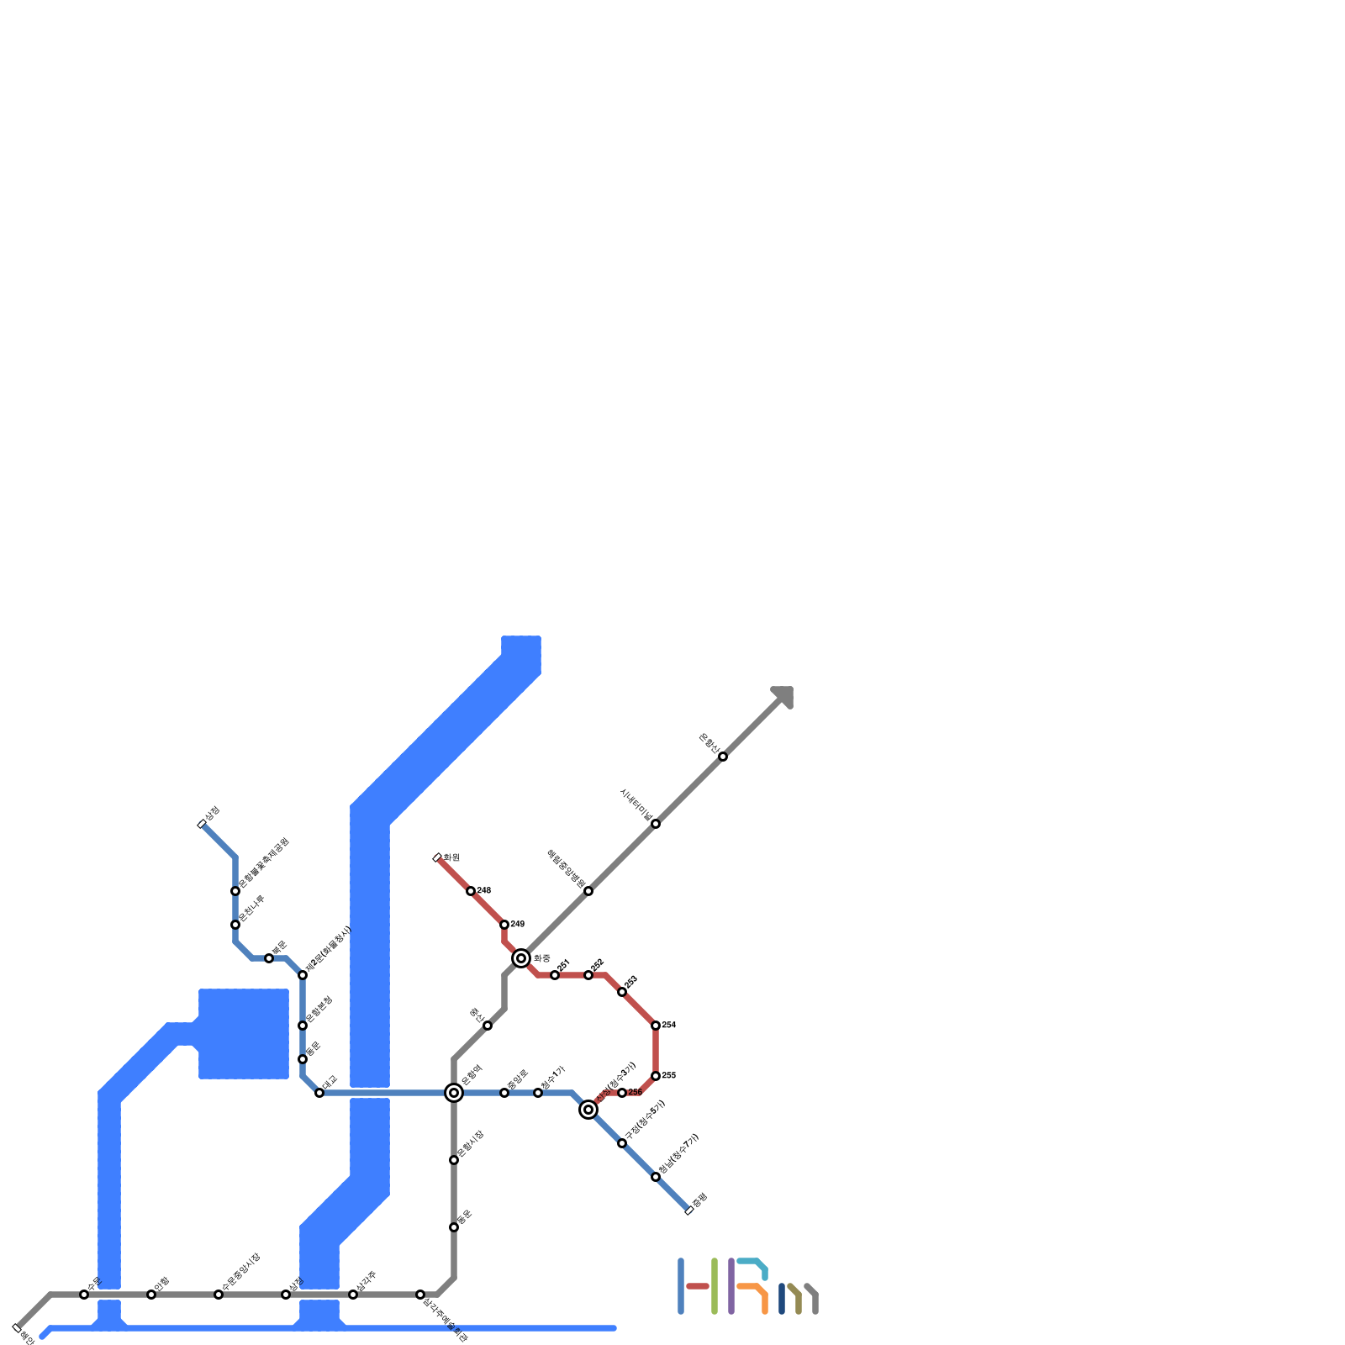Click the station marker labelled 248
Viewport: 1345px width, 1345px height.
(x=471, y=891)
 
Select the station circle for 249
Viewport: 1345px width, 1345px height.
(x=504, y=925)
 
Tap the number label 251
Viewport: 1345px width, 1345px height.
(x=564, y=963)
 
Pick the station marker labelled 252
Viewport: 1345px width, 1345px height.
(x=588, y=975)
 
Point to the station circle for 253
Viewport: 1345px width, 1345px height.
(x=622, y=992)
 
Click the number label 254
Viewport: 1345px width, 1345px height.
(x=669, y=1026)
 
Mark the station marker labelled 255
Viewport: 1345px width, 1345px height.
(x=656, y=1076)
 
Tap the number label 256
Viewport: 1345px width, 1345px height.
(x=636, y=1093)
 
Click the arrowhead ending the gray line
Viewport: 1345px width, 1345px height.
(x=784, y=695)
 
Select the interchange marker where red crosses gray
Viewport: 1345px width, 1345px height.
(x=521, y=958)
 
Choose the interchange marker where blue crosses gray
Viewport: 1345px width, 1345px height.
(x=454, y=1093)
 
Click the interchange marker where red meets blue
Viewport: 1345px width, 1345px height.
(x=588, y=1110)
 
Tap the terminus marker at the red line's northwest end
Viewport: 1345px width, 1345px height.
(x=437, y=857)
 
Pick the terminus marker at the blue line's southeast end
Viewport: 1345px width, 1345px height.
(x=689, y=1210)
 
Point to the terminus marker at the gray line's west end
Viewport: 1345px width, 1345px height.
(x=17, y=1328)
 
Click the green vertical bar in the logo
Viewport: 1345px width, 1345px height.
(x=715, y=1286)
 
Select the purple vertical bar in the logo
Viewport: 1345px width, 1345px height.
(x=731, y=1286)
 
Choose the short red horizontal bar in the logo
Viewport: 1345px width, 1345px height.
(x=698, y=1286)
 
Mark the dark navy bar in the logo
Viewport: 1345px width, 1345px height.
(x=782, y=1299)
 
